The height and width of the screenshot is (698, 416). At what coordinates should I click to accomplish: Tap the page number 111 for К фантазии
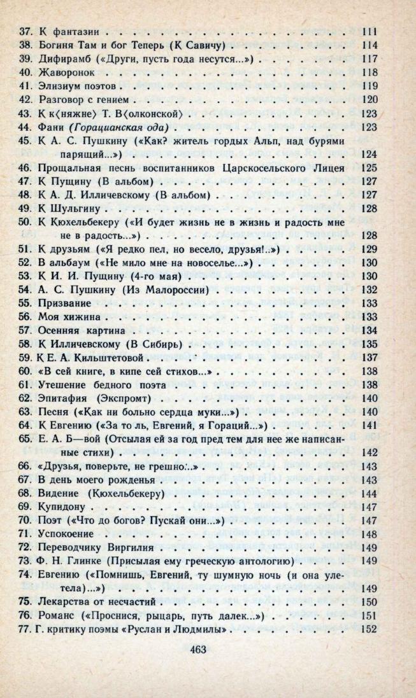[x=369, y=31]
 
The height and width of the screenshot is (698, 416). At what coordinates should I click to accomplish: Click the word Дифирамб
[x=67, y=58]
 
